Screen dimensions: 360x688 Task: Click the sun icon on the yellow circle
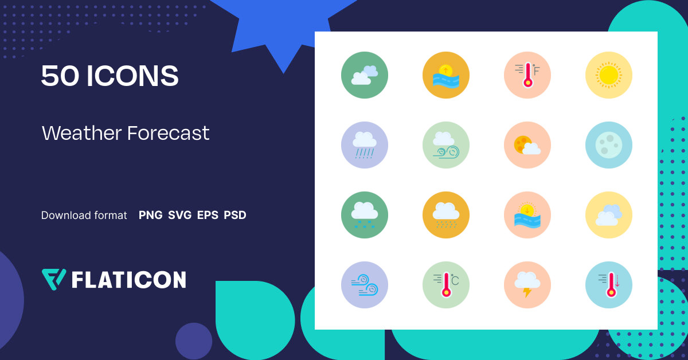(608, 75)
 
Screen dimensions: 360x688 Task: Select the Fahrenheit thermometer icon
(527, 75)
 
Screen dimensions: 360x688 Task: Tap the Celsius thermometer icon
(445, 285)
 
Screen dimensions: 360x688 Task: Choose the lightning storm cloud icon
(527, 285)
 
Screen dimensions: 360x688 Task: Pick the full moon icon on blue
(608, 145)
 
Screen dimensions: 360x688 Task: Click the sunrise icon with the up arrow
(445, 75)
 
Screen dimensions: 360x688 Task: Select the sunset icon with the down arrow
(527, 215)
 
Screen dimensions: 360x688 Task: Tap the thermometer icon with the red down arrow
(608, 285)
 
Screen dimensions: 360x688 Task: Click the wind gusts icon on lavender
(364, 285)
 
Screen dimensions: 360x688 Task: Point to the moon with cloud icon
(527, 145)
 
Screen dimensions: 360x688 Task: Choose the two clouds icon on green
(364, 75)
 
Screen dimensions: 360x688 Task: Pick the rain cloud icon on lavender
(364, 145)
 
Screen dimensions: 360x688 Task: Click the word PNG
(150, 216)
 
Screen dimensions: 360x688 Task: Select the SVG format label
(179, 216)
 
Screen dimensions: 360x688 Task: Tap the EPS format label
(208, 216)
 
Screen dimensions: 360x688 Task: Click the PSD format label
(235, 216)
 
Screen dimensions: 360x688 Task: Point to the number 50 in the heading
(60, 76)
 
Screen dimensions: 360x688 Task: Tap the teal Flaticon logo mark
(54, 279)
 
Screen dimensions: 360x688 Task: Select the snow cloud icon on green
(364, 215)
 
